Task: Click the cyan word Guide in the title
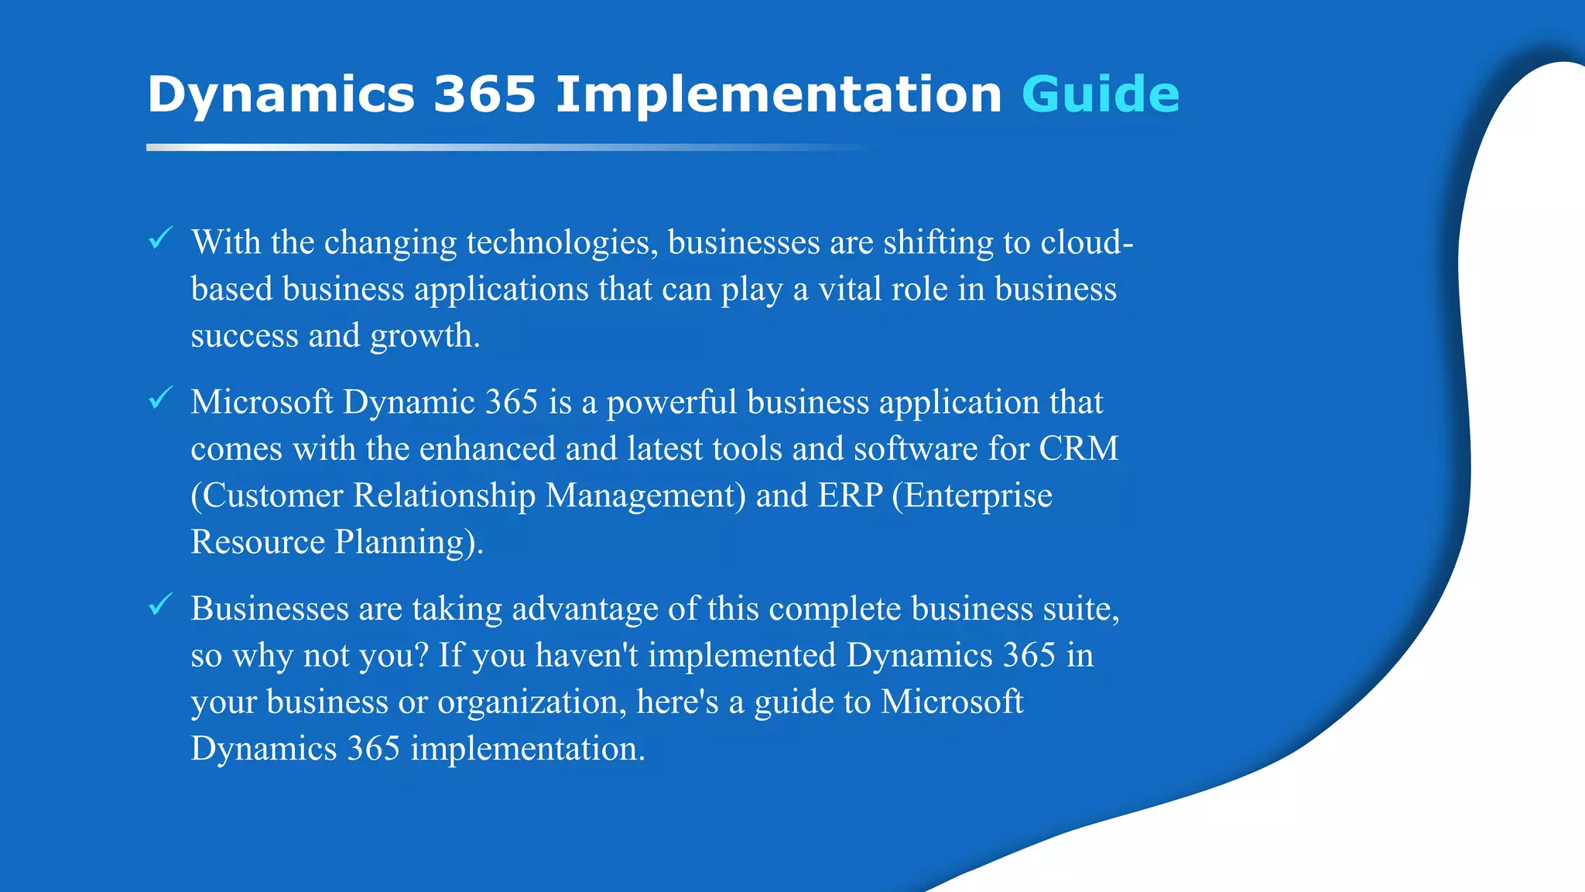coord(1100,94)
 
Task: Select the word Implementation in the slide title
coord(779,94)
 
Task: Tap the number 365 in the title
coord(484,94)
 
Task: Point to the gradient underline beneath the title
coord(503,147)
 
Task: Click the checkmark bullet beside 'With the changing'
coord(160,238)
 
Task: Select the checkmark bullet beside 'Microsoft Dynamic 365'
coord(160,398)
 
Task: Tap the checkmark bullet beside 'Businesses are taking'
coord(160,605)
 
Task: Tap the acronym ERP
coord(850,496)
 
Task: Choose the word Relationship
coord(444,496)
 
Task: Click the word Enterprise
coord(978,496)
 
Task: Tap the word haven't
coord(587,656)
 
